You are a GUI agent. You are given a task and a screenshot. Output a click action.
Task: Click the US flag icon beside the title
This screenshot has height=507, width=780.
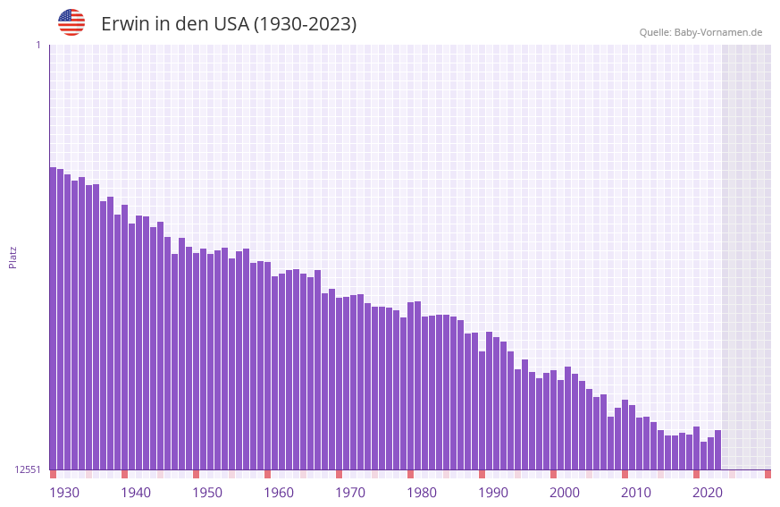pos(71,22)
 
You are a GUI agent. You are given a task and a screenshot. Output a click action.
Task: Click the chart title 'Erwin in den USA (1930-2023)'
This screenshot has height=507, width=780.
pos(229,24)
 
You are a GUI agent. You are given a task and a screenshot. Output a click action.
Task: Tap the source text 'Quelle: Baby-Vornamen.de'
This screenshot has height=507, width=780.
pos(700,32)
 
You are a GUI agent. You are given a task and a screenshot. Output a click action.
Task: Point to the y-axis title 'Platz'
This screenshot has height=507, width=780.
pos(13,257)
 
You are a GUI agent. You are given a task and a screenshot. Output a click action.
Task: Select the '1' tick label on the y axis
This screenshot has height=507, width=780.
pos(38,45)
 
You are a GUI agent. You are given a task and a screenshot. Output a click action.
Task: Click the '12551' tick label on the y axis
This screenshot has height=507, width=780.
pos(28,469)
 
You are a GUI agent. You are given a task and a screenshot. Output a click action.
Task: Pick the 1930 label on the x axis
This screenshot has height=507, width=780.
pos(64,493)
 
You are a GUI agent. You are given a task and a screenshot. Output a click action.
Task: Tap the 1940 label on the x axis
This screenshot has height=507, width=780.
pos(136,493)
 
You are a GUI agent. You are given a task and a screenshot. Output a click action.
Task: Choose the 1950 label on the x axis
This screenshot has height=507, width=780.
pos(207,493)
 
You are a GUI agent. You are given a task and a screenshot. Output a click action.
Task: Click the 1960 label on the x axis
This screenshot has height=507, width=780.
pos(279,493)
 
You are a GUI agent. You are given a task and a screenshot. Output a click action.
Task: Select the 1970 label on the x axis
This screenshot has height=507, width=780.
pos(350,493)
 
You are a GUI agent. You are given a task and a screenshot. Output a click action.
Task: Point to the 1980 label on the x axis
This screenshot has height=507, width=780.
pos(422,493)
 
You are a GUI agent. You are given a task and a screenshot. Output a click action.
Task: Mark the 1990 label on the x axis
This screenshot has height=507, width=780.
pos(493,493)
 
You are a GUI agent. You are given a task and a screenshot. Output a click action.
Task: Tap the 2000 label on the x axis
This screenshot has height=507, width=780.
pos(565,493)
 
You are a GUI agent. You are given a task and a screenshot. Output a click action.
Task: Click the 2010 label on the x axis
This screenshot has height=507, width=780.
pos(636,493)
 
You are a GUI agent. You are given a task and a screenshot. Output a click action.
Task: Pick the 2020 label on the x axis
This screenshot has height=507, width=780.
pos(708,493)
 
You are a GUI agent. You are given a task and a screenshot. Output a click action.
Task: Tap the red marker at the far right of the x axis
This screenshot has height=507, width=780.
pos(767,474)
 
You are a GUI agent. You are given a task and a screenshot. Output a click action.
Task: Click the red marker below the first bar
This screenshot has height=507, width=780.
pos(53,474)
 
